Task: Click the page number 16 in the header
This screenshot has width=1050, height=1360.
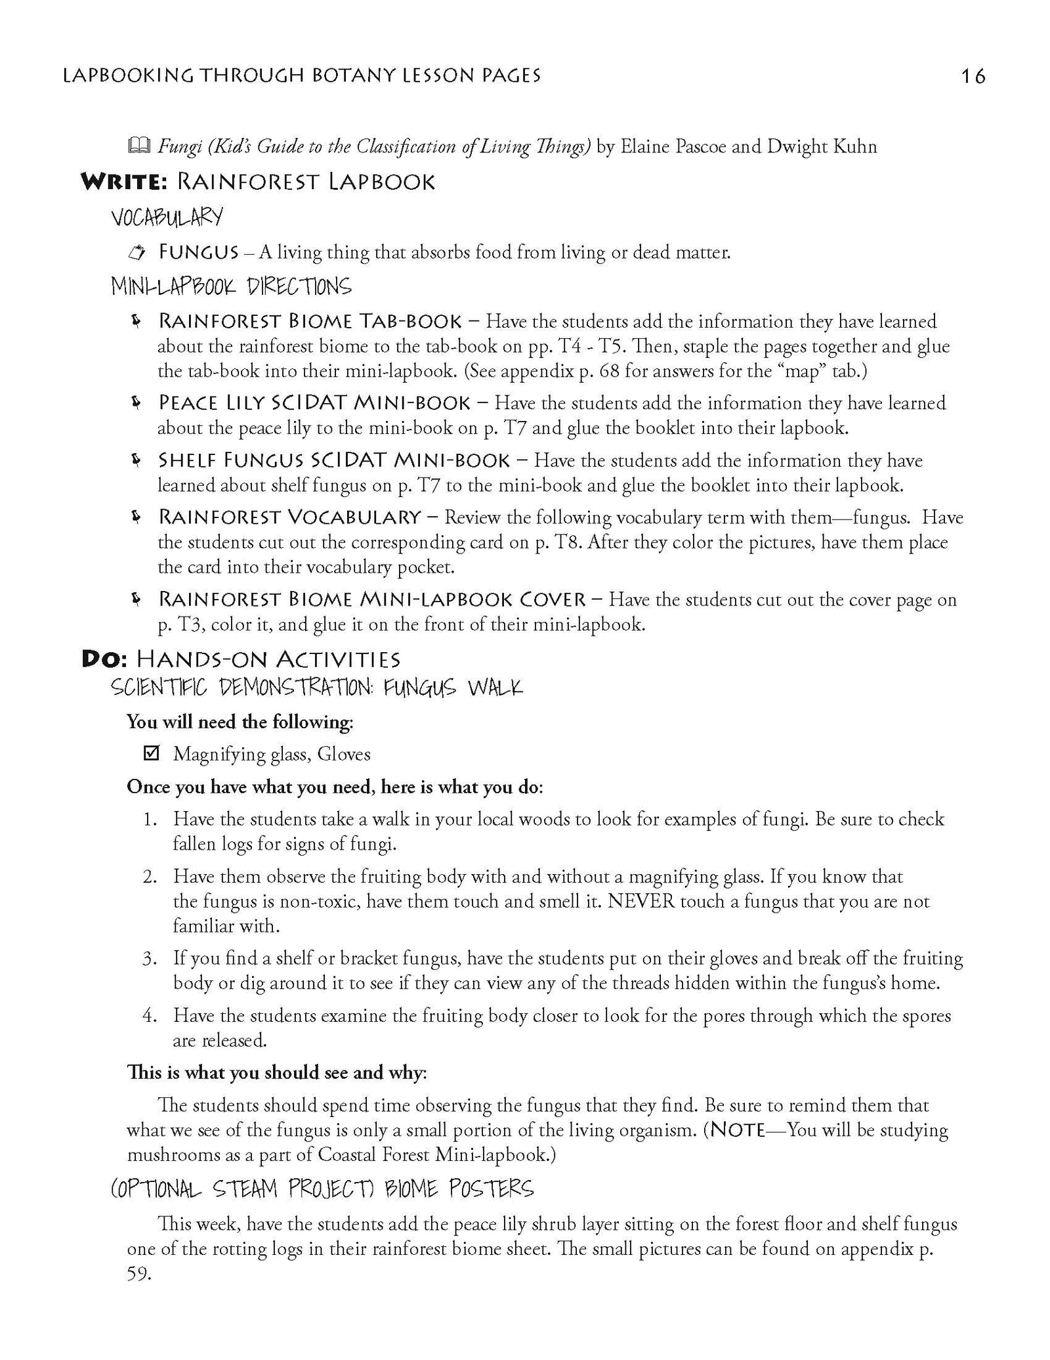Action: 973,77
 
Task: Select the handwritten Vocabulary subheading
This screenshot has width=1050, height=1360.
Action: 167,217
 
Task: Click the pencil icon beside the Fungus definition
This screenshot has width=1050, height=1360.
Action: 136,252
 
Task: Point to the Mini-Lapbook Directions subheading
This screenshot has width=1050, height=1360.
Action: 231,286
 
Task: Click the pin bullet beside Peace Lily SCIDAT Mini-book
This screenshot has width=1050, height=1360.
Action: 136,403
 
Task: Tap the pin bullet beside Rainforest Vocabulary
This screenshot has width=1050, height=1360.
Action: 136,517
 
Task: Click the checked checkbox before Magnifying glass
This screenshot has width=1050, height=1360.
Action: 151,753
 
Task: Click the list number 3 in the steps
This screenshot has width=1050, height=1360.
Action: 150,958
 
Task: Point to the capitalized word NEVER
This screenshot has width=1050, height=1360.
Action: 641,900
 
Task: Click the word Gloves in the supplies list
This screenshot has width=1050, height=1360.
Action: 344,754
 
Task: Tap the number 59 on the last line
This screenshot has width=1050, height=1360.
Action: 138,1275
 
